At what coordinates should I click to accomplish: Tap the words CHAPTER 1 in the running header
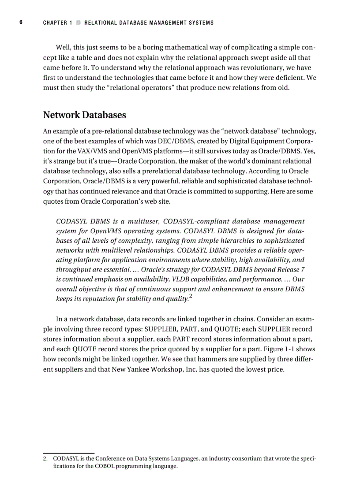[x=58, y=22]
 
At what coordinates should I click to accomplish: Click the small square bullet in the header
[x=78, y=22]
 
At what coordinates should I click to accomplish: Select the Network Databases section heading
[x=84, y=115]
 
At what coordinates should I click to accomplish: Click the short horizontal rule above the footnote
[x=69, y=453]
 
